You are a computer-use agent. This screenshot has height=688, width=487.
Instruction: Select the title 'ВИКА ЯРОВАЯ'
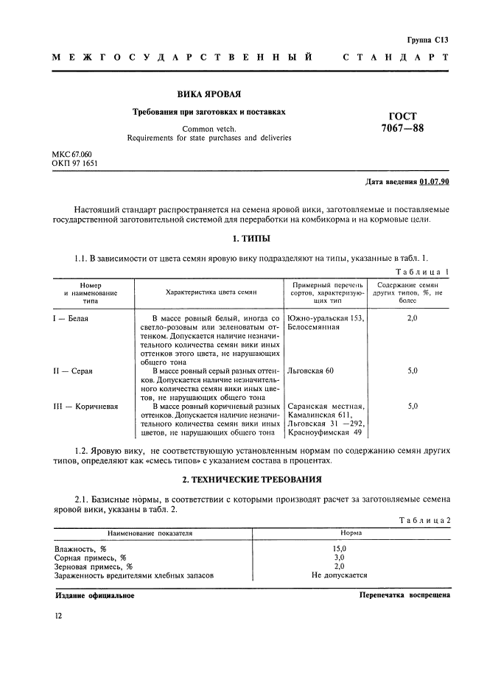tap(209, 94)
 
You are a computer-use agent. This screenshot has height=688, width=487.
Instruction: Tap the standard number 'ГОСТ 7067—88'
tap(402, 122)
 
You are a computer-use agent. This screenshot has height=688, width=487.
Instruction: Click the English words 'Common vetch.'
tap(209, 128)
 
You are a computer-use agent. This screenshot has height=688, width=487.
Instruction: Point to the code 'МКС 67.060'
tap(71, 154)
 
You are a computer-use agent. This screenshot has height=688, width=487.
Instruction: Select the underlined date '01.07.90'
tap(435, 181)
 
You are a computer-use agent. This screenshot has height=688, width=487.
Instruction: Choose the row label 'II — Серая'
tap(74, 371)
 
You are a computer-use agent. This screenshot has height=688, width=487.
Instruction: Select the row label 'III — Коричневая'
tap(85, 406)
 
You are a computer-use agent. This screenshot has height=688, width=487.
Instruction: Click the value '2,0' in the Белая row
tap(412, 318)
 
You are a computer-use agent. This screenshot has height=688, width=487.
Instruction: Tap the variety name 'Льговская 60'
tap(310, 371)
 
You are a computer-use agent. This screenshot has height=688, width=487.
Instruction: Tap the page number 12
tap(57, 615)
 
